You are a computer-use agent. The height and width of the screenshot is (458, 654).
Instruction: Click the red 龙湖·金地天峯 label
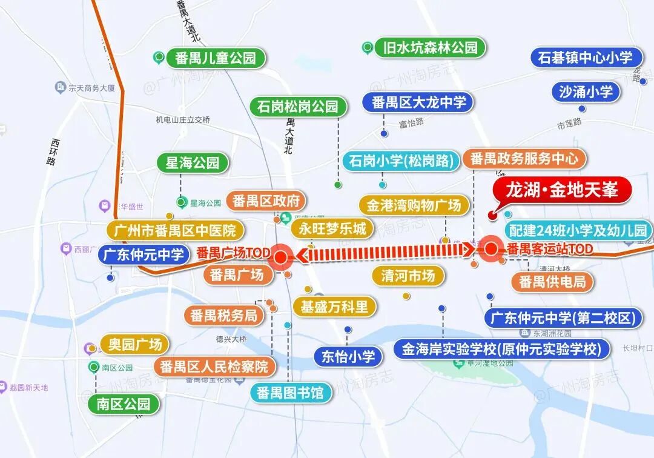click(x=563, y=190)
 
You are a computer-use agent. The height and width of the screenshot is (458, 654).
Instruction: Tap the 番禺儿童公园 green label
click(x=211, y=58)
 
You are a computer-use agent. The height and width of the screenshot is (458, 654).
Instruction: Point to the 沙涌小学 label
click(x=586, y=91)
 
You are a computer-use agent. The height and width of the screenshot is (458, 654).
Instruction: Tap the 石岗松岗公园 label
click(x=297, y=107)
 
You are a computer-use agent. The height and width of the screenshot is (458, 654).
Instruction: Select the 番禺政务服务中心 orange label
click(x=524, y=159)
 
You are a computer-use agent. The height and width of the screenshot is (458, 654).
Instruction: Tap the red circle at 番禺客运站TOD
click(x=490, y=248)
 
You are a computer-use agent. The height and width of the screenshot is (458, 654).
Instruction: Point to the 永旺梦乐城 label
click(x=332, y=228)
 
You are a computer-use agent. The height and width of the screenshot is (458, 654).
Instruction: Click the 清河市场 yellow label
click(x=408, y=276)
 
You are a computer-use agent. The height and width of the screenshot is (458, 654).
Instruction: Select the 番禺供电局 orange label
click(x=552, y=282)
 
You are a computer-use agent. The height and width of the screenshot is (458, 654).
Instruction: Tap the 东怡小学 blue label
click(x=348, y=356)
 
